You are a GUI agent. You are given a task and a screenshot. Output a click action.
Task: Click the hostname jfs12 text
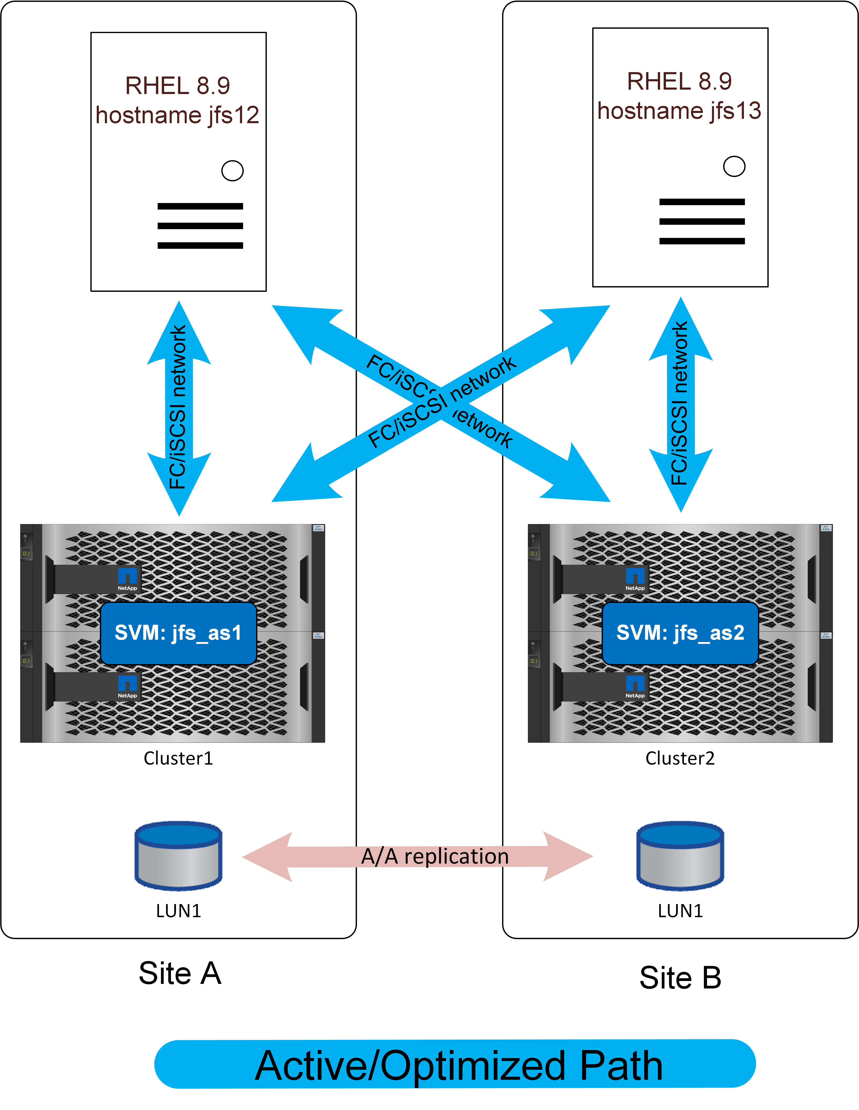[x=177, y=115]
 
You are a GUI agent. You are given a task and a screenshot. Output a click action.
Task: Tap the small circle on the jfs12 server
[x=232, y=171]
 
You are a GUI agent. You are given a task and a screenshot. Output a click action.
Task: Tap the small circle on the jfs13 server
[x=734, y=166]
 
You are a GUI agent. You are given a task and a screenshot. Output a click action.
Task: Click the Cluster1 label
[x=178, y=758]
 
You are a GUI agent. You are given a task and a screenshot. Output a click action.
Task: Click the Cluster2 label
[x=680, y=758]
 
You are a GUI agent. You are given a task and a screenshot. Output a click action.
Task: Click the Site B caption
[x=680, y=977]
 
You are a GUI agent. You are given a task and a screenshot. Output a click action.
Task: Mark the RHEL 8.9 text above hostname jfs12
[x=177, y=85]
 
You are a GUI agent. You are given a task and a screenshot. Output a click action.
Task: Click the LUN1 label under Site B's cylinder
[x=680, y=911]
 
